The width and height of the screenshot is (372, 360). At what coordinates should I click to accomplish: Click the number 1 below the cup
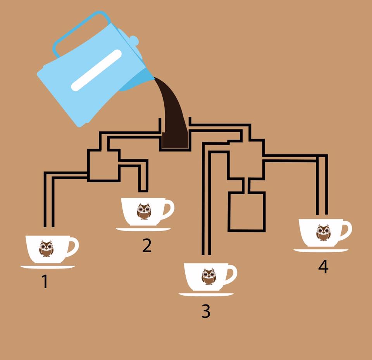tap(45, 281)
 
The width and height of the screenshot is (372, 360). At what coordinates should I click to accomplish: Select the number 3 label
tap(206, 311)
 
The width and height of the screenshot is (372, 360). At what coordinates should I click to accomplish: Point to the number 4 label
tap(323, 267)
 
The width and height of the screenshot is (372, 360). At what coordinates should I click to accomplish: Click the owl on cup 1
tap(46, 249)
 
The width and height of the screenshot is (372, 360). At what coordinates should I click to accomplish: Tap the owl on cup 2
tap(144, 211)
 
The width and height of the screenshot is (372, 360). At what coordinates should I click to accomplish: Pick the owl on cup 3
tap(209, 277)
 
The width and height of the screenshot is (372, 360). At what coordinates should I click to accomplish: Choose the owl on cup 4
tap(323, 233)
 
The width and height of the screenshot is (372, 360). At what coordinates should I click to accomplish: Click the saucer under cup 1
tap(48, 267)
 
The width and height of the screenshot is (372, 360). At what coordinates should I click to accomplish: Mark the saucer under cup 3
tap(206, 294)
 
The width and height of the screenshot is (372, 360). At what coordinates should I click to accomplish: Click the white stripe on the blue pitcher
tap(96, 70)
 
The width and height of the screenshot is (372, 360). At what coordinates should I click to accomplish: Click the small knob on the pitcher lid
tap(134, 40)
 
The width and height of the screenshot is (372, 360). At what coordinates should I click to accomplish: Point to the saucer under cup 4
tap(321, 250)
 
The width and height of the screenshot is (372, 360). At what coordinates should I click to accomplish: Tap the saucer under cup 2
tap(143, 229)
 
